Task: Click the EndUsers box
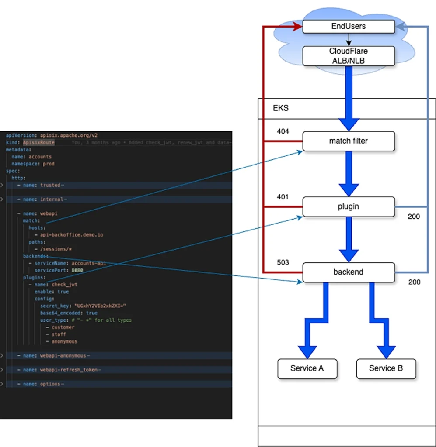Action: [349, 26]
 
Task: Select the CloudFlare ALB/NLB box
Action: [349, 56]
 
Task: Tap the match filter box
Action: [349, 141]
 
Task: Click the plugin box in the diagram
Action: [349, 206]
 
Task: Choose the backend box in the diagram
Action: [349, 272]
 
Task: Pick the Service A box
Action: [307, 368]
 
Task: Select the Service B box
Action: [386, 368]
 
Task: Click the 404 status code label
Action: [283, 131]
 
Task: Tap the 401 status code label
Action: [283, 197]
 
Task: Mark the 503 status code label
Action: [283, 262]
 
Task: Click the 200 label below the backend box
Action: [414, 282]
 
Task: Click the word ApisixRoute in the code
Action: [39, 143]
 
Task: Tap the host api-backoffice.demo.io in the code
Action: [71, 235]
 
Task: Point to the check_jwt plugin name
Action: [64, 285]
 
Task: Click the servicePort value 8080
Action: [77, 270]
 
